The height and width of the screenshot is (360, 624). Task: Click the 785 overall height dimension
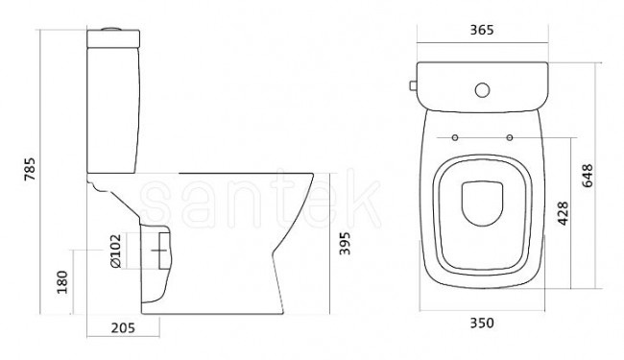coord(30,169)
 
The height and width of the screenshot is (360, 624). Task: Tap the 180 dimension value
coord(62,282)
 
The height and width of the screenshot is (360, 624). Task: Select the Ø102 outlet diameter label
coord(115,251)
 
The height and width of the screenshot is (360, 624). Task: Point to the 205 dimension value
coord(123,327)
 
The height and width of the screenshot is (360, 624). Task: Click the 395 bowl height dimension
coord(345,243)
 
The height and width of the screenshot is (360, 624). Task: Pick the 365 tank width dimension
coord(482,30)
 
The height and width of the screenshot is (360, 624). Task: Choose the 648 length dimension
coord(587,176)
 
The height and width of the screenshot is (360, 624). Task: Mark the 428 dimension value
coord(564,213)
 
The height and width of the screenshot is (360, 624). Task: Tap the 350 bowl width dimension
coord(482,323)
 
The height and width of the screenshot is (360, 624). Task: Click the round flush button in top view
coord(482,90)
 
